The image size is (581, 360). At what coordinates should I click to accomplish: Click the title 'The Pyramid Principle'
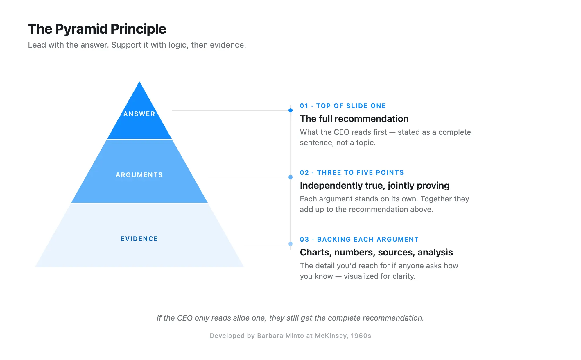(x=97, y=29)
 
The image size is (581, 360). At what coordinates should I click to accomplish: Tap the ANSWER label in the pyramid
(x=139, y=114)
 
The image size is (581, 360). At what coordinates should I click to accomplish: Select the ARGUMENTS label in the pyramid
(x=139, y=175)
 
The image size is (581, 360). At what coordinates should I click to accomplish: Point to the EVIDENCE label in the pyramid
(x=139, y=239)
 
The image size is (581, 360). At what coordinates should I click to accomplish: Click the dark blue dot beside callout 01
(x=290, y=110)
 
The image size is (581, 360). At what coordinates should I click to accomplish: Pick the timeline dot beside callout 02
(x=290, y=177)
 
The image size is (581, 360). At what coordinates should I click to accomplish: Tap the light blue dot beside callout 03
(x=290, y=244)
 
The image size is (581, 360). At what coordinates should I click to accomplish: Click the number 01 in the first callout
(x=304, y=106)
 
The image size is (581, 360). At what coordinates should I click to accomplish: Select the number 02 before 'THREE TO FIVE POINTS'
(x=304, y=173)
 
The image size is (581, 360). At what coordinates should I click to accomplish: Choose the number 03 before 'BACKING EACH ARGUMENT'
(x=304, y=240)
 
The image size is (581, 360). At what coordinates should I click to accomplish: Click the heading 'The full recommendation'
(x=354, y=119)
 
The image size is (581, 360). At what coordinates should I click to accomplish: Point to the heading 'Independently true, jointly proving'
(x=374, y=186)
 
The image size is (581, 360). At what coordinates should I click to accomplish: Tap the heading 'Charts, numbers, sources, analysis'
(x=376, y=252)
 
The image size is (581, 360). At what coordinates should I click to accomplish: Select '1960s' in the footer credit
(x=361, y=336)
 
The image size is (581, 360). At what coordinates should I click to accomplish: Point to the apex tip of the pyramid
(x=139, y=83)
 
